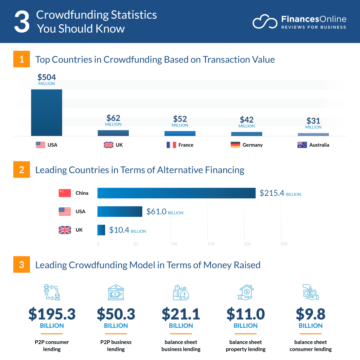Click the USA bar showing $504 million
point(46,112)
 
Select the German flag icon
point(235,145)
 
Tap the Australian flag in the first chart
point(302,145)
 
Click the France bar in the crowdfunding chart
point(180,134)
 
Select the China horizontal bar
point(176,193)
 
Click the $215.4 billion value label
point(280,193)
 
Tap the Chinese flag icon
point(65,193)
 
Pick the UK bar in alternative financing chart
point(101,230)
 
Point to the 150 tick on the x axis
point(211,244)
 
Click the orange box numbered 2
point(22,170)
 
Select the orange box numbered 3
point(22,265)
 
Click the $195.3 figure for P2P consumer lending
point(52,314)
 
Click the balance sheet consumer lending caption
point(310,346)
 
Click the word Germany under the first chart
point(252,145)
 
